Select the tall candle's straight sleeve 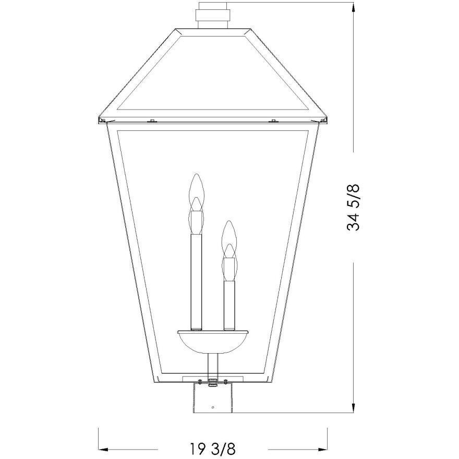[x=196, y=282]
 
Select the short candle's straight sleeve [x=228, y=305]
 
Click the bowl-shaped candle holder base [x=212, y=342]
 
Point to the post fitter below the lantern [x=213, y=400]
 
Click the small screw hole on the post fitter [x=213, y=407]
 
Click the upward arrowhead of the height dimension [x=354, y=7]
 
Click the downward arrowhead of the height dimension [x=354, y=407]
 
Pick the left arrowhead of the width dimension [x=103, y=449]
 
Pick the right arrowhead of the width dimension [x=322, y=449]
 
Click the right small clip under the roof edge [x=273, y=122]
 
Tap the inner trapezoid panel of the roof [x=213, y=73]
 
